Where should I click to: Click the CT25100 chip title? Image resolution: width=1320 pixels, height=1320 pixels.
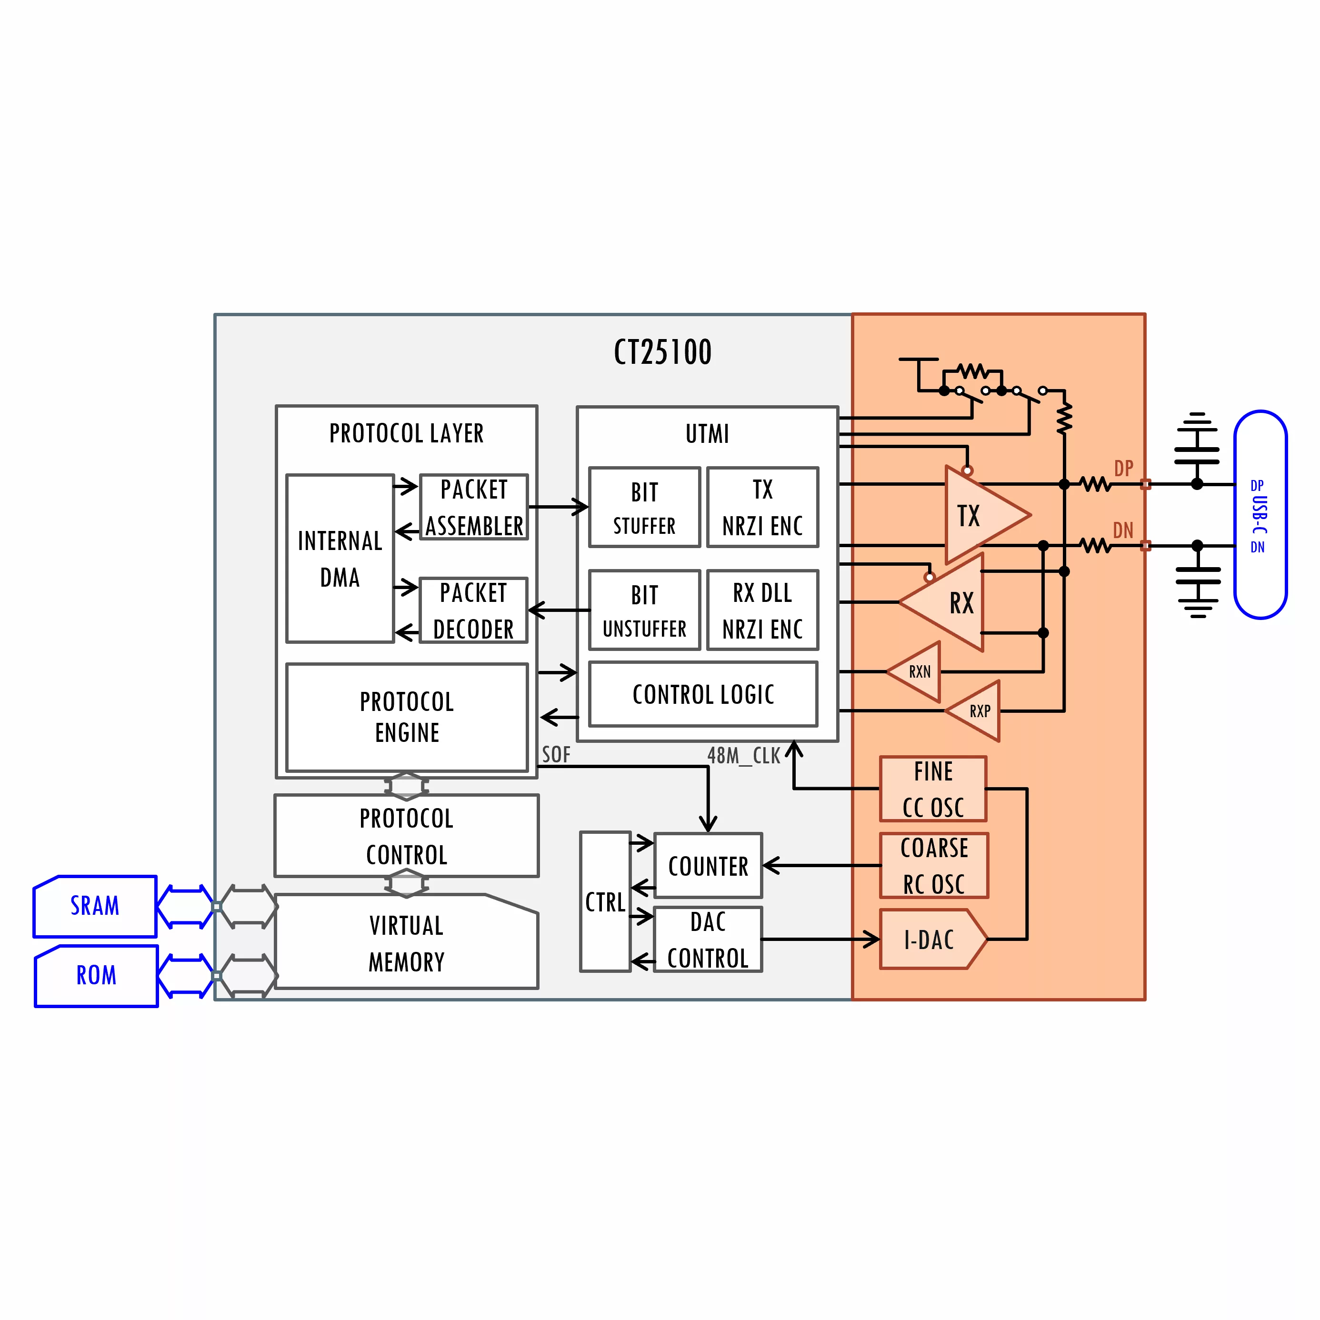pos(662,352)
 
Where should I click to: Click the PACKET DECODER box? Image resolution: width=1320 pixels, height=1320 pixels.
pos(473,610)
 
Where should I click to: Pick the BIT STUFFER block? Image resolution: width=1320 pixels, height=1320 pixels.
pos(644,508)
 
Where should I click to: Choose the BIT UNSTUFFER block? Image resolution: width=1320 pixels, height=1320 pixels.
pos(644,610)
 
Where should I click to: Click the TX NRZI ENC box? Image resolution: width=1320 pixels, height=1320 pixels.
pos(762,508)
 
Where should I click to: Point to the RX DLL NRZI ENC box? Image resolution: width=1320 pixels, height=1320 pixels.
pos(762,610)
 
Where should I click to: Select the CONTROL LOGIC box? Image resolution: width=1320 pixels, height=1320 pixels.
pos(703,694)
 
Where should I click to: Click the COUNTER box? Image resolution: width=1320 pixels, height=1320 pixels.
pos(708,866)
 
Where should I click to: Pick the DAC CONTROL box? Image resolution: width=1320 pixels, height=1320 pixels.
pos(708,940)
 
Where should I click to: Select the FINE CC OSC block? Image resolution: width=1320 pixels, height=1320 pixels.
pos(933,789)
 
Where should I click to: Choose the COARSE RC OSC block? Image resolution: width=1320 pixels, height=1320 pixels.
pos(934,866)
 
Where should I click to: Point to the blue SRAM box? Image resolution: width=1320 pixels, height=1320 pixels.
pos(95,906)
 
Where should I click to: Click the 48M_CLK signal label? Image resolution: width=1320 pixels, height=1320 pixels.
pos(743,756)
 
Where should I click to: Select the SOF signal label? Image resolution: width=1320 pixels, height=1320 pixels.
pos(555,755)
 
